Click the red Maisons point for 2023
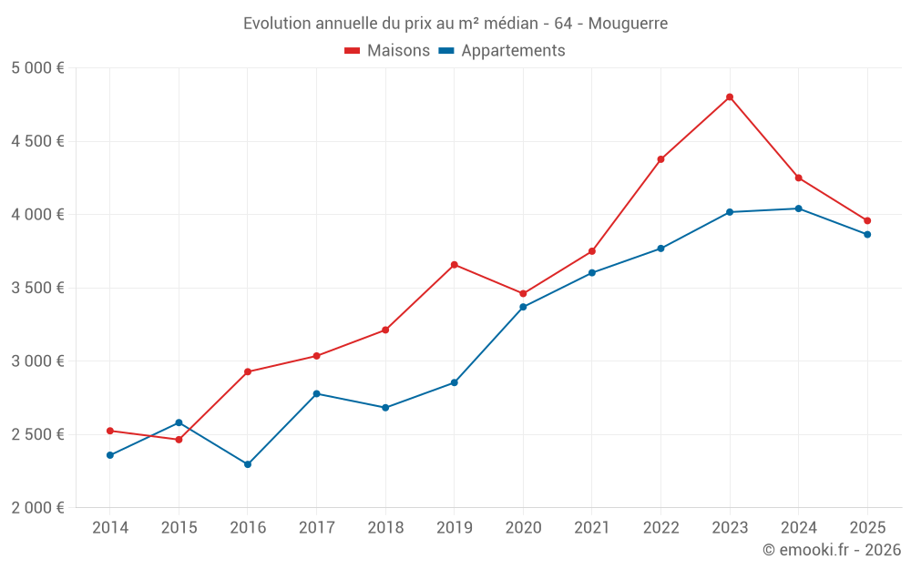coord(730,97)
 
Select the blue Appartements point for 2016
coord(248,464)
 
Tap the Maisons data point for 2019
coord(455,265)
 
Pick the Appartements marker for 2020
coord(523,307)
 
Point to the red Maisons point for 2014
coord(110,431)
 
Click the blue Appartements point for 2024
coord(799,208)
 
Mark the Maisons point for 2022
coord(661,159)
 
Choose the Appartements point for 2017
coord(316,394)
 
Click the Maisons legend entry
coord(387,51)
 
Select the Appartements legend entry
coord(502,51)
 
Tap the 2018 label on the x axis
coord(385,527)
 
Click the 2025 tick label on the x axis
coord(867,527)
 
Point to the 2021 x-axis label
coord(592,527)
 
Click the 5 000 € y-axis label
coord(37,68)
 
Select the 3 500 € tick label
coord(37,288)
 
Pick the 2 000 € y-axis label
coord(37,508)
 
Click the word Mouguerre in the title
coord(628,23)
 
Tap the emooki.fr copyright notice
coord(832,550)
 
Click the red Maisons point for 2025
coord(867,220)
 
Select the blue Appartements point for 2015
coord(179,422)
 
